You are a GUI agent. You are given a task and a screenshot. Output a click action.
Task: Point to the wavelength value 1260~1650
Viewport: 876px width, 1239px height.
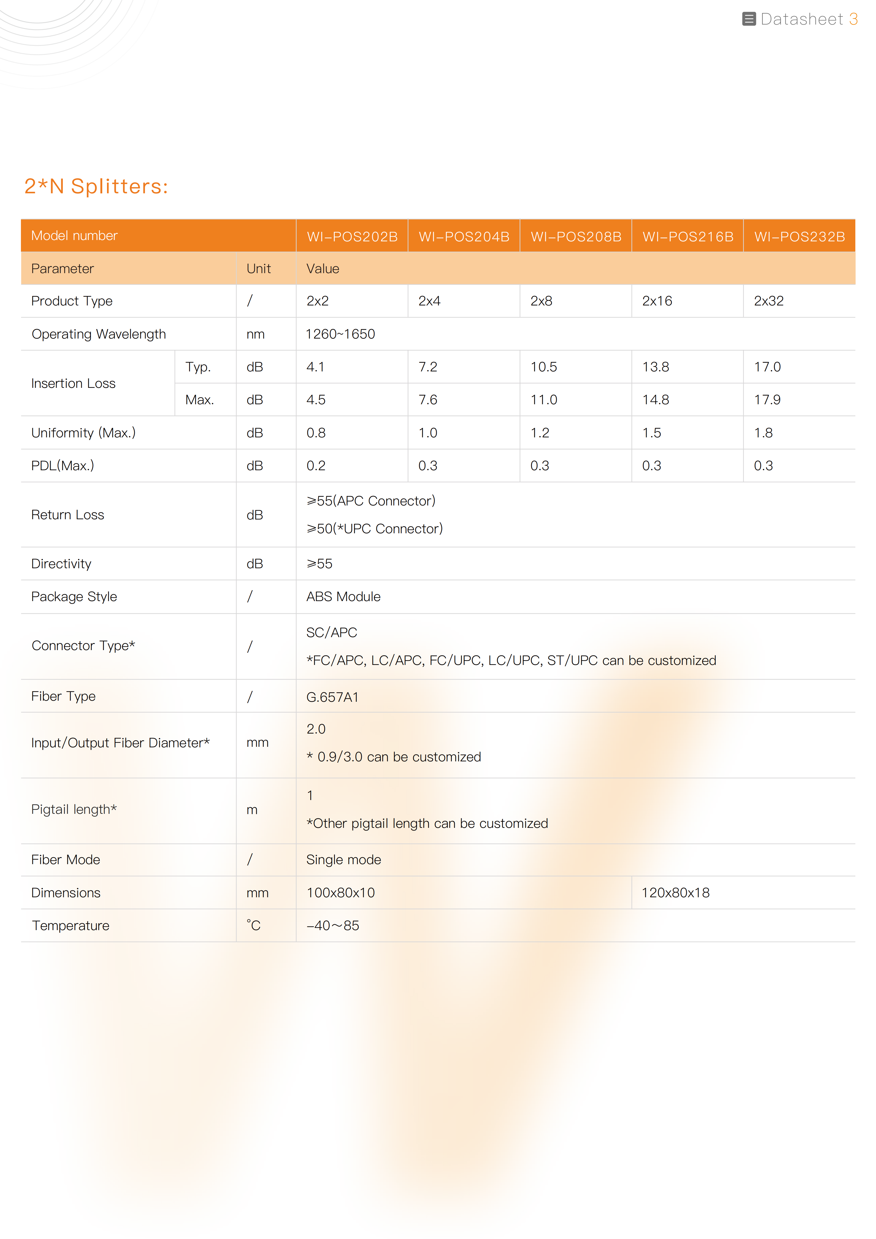click(x=340, y=334)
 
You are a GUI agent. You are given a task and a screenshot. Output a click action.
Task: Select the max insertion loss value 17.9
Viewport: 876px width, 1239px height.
click(x=767, y=400)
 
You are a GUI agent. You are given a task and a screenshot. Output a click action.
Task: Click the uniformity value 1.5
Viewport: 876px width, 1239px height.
click(x=651, y=433)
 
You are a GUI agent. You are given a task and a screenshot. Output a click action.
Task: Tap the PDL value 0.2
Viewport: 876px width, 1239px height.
click(x=316, y=466)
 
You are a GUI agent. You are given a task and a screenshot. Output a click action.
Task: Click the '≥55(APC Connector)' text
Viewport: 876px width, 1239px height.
click(x=371, y=501)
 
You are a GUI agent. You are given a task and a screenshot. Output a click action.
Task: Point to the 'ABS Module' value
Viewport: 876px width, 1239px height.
click(x=343, y=596)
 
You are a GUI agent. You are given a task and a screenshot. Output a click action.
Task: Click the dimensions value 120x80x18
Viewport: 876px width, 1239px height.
click(x=675, y=892)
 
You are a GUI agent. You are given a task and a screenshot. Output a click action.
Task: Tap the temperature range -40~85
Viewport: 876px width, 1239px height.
click(x=332, y=925)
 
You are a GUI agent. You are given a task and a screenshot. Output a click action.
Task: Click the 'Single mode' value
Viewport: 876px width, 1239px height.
click(x=343, y=860)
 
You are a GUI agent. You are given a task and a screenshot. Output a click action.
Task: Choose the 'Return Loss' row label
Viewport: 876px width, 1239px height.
click(x=68, y=515)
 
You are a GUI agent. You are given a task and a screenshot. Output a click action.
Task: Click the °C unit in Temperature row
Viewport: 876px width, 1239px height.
click(x=254, y=925)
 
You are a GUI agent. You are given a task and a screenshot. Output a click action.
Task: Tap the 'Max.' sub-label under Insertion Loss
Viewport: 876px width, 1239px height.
click(x=199, y=400)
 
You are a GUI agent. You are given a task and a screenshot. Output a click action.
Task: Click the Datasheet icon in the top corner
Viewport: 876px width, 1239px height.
click(x=749, y=19)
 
